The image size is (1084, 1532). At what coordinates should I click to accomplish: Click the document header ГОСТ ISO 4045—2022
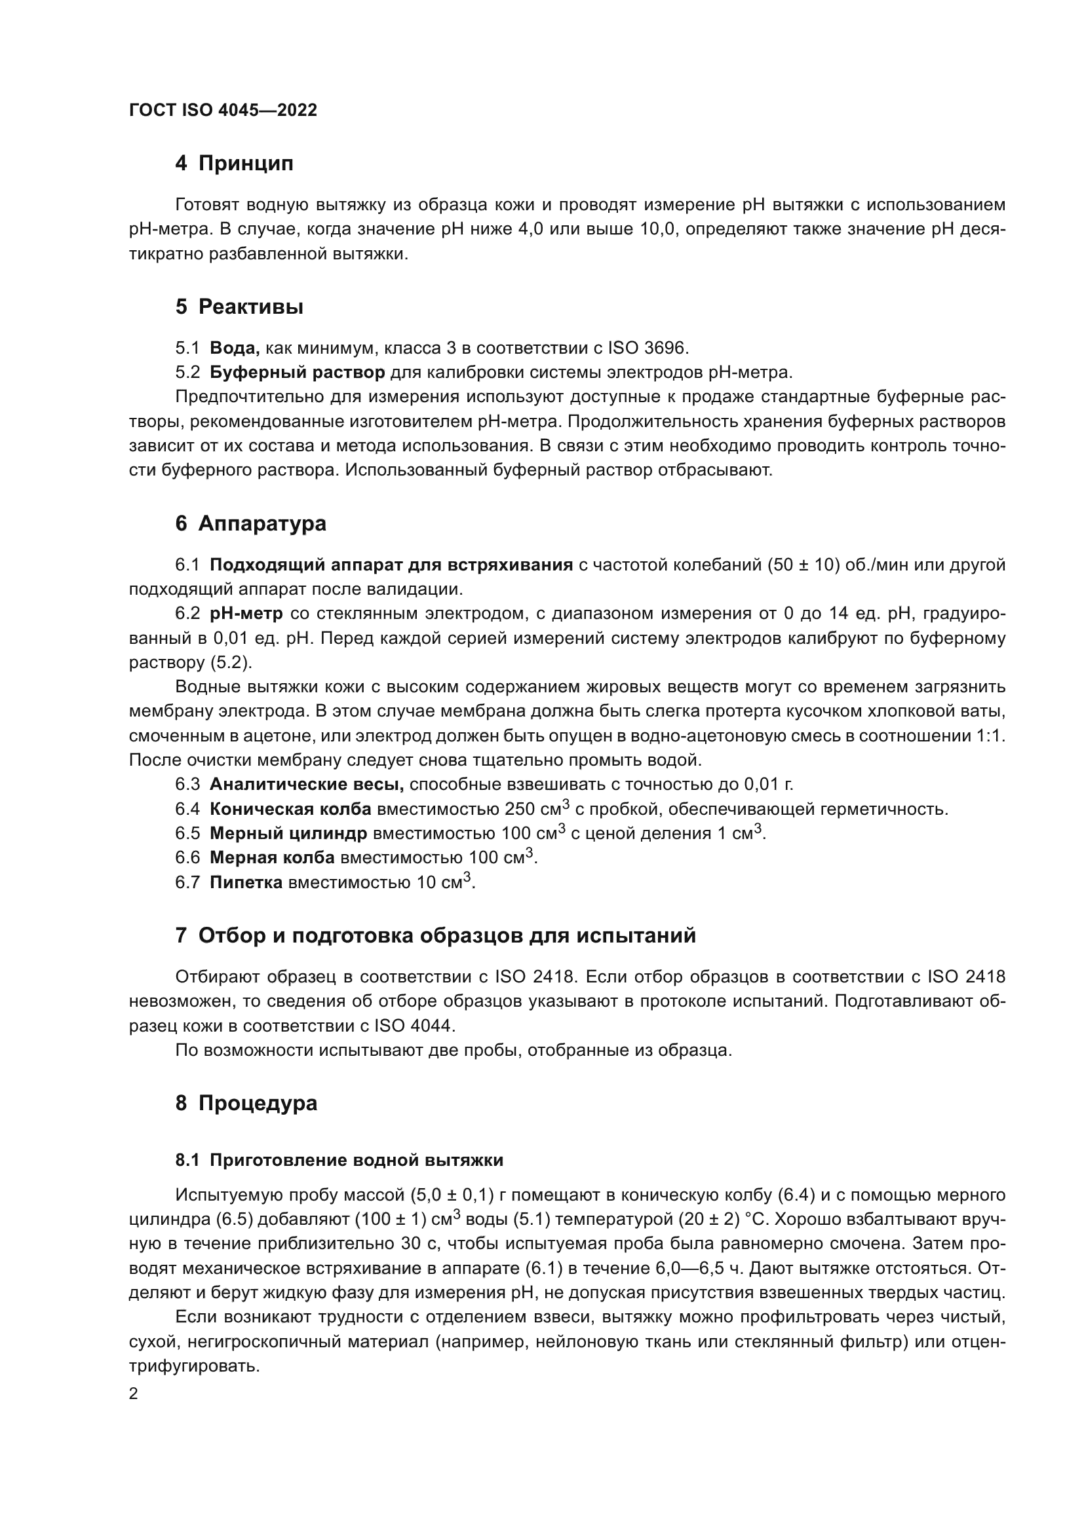(x=223, y=111)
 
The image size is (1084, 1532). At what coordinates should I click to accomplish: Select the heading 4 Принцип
(x=234, y=164)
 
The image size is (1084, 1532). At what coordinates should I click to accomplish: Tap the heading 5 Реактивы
(x=239, y=307)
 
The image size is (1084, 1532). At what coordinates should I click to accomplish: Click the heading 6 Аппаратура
(x=251, y=524)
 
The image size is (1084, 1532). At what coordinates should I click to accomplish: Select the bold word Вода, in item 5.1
(x=234, y=348)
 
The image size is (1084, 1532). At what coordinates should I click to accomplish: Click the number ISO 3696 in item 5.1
(x=648, y=348)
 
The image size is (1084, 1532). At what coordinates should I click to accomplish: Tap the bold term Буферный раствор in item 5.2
(x=297, y=371)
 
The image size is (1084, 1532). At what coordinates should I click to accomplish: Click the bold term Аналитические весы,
(x=306, y=784)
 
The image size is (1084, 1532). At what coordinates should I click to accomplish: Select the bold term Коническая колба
(x=290, y=810)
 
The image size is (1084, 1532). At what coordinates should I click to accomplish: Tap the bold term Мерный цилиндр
(x=288, y=833)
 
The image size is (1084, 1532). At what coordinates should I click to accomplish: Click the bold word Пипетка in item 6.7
(x=246, y=882)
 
